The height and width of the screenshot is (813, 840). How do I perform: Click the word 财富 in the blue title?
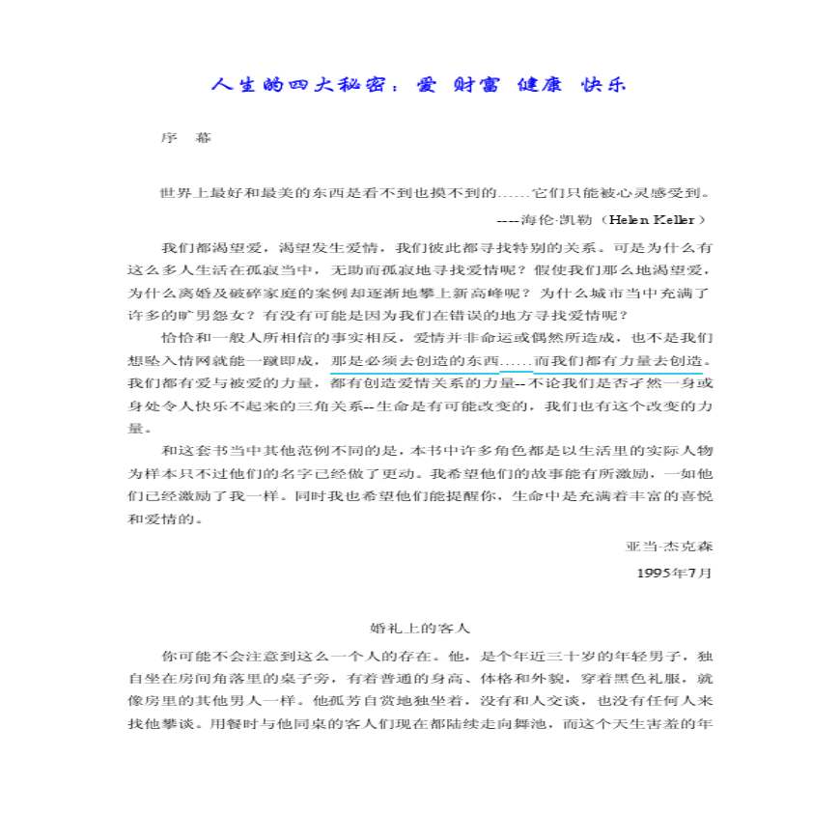pos(469,85)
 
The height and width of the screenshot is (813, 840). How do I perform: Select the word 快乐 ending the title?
pos(604,85)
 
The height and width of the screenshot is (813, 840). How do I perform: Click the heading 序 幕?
pos(185,138)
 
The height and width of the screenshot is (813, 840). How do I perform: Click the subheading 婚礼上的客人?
pos(420,629)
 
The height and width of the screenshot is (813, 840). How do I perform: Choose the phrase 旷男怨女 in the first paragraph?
pos(203,315)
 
